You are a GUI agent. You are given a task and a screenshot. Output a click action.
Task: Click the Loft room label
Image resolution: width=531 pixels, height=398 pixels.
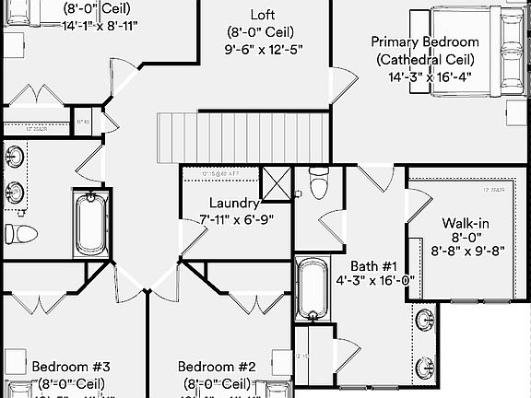tap(262, 14)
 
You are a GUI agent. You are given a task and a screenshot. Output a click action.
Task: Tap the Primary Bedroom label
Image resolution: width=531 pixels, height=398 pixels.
tap(425, 41)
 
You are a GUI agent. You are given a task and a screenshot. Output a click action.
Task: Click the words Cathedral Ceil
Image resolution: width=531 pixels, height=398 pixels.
tap(425, 59)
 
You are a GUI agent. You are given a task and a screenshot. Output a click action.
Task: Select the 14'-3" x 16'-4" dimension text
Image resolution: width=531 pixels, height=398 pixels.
tap(425, 77)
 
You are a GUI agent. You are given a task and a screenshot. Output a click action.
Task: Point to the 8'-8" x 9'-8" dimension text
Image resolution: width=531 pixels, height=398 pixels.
tap(468, 250)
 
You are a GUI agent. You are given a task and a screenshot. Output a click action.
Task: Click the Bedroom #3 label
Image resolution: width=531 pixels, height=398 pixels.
tap(71, 367)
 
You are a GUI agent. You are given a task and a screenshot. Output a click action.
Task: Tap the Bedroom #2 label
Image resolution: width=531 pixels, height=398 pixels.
tap(216, 367)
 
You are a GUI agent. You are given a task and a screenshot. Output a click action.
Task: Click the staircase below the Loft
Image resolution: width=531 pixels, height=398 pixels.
tap(245, 136)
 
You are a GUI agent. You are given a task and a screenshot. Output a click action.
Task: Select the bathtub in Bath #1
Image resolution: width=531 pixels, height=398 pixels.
tap(311, 289)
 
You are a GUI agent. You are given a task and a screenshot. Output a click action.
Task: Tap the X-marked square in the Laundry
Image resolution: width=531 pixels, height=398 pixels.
tap(276, 183)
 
